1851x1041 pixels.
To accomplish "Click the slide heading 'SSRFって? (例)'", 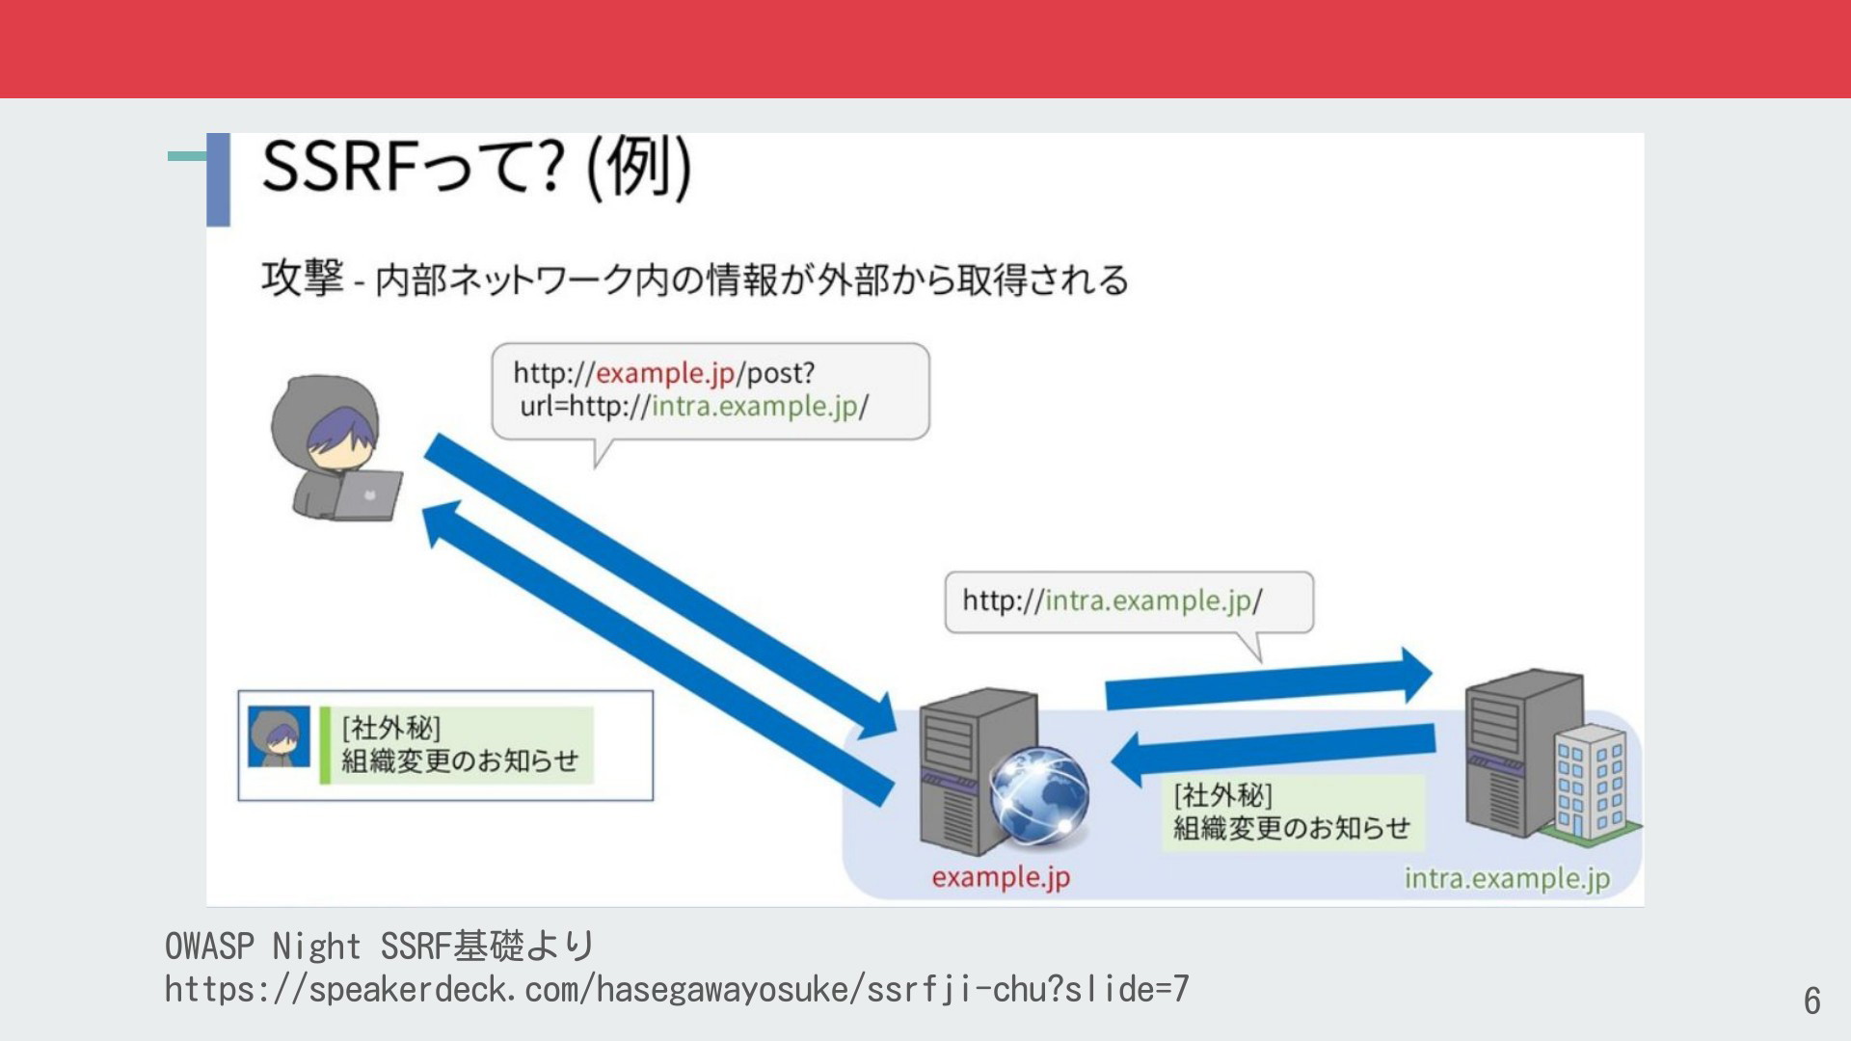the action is click(476, 167).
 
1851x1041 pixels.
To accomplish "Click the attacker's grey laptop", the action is click(367, 495).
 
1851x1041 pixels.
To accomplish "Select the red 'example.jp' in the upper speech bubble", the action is click(665, 374).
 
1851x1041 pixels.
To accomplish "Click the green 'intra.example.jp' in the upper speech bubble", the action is click(755, 407).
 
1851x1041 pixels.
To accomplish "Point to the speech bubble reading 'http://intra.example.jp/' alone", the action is click(1129, 603).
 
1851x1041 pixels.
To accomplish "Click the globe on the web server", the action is click(1039, 796).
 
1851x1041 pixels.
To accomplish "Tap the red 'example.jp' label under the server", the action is click(1001, 878).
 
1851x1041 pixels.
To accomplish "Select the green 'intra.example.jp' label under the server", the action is click(1507, 879).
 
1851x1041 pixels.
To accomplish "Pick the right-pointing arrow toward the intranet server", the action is click(1269, 680).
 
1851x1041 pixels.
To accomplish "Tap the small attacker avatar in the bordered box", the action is click(280, 737).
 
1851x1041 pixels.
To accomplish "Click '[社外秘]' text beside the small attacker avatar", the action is click(391, 728).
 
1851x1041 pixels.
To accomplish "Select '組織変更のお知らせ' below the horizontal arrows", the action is click(1291, 828).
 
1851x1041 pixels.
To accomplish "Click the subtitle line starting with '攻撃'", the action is click(694, 280).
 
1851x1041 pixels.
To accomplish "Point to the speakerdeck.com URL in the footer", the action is click(677, 989).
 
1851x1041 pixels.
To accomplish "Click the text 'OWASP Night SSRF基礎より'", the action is click(379, 946).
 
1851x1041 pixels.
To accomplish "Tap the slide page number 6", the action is click(1812, 1001).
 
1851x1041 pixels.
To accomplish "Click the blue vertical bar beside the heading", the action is click(219, 179).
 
